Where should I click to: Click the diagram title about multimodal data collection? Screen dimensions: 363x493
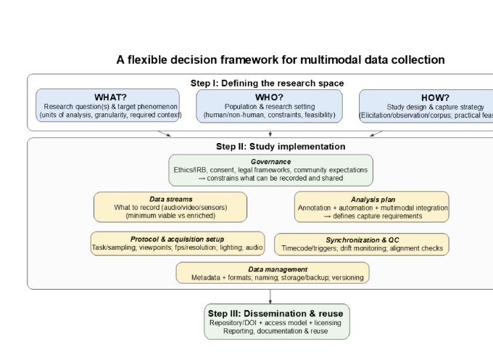pyautogui.click(x=281, y=60)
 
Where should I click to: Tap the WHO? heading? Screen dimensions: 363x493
pyautogui.click(x=270, y=97)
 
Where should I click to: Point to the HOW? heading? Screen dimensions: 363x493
pyautogui.click(x=435, y=97)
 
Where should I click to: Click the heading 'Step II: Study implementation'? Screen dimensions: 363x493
pyautogui.click(x=270, y=146)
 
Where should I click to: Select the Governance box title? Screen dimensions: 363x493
pyautogui.click(x=270, y=161)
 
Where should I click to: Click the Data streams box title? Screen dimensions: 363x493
pyautogui.click(x=170, y=198)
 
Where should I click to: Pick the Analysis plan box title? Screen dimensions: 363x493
pyautogui.click(x=371, y=198)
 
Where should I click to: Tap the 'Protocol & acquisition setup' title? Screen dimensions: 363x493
pyautogui.click(x=178, y=239)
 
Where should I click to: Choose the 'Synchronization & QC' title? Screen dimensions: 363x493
pyautogui.click(x=362, y=239)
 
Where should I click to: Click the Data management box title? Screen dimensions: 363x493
pyautogui.click(x=272, y=269)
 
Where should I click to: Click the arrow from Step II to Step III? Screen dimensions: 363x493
pyautogui.click(x=270, y=296)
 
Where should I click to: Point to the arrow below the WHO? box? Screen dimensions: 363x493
pyautogui.click(x=270, y=134)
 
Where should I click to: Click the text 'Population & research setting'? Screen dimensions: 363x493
pyautogui.click(x=270, y=106)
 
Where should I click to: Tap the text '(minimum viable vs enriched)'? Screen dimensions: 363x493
pyautogui.click(x=170, y=216)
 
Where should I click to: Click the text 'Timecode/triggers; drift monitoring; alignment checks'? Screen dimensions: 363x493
pyautogui.click(x=362, y=248)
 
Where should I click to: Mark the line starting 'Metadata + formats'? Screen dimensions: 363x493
pyautogui.click(x=272, y=278)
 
